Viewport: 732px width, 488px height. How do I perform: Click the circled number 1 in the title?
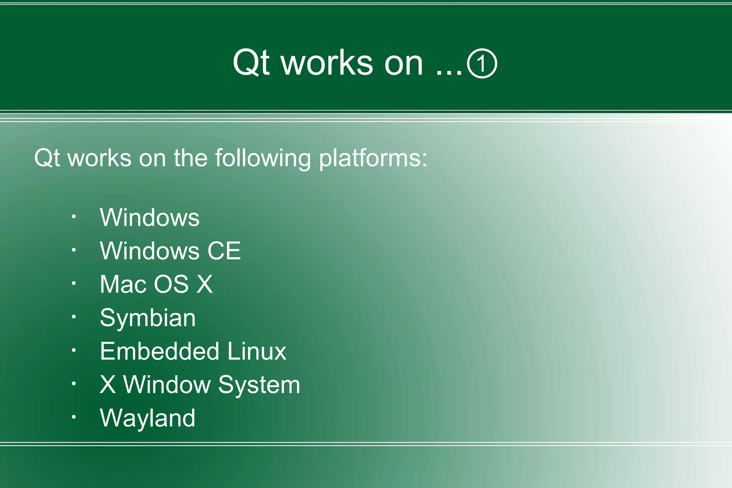pyautogui.click(x=482, y=64)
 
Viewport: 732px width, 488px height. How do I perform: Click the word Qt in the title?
pyautogui.click(x=251, y=63)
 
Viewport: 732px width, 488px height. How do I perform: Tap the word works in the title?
pyautogui.click(x=327, y=63)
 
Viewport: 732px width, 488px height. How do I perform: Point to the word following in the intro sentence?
pyautogui.click(x=263, y=158)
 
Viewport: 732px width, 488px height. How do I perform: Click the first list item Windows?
pyautogui.click(x=149, y=217)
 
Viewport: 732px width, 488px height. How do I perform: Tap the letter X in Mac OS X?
pyautogui.click(x=204, y=284)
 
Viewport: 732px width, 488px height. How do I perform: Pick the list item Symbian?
pyautogui.click(x=148, y=318)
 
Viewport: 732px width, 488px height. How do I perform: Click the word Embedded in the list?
pyautogui.click(x=159, y=351)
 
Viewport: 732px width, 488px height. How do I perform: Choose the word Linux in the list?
pyautogui.click(x=257, y=351)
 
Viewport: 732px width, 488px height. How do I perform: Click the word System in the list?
pyautogui.click(x=259, y=385)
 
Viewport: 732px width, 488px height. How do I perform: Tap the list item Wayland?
pyautogui.click(x=147, y=418)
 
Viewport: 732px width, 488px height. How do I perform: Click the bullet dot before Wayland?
pyautogui.click(x=74, y=417)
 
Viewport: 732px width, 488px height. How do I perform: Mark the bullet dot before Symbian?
pyautogui.click(x=74, y=316)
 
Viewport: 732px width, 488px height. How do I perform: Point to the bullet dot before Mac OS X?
pyautogui.click(x=74, y=283)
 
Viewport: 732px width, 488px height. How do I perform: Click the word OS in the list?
pyautogui.click(x=171, y=284)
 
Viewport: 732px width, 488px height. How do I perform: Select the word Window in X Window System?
pyautogui.click(x=167, y=385)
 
